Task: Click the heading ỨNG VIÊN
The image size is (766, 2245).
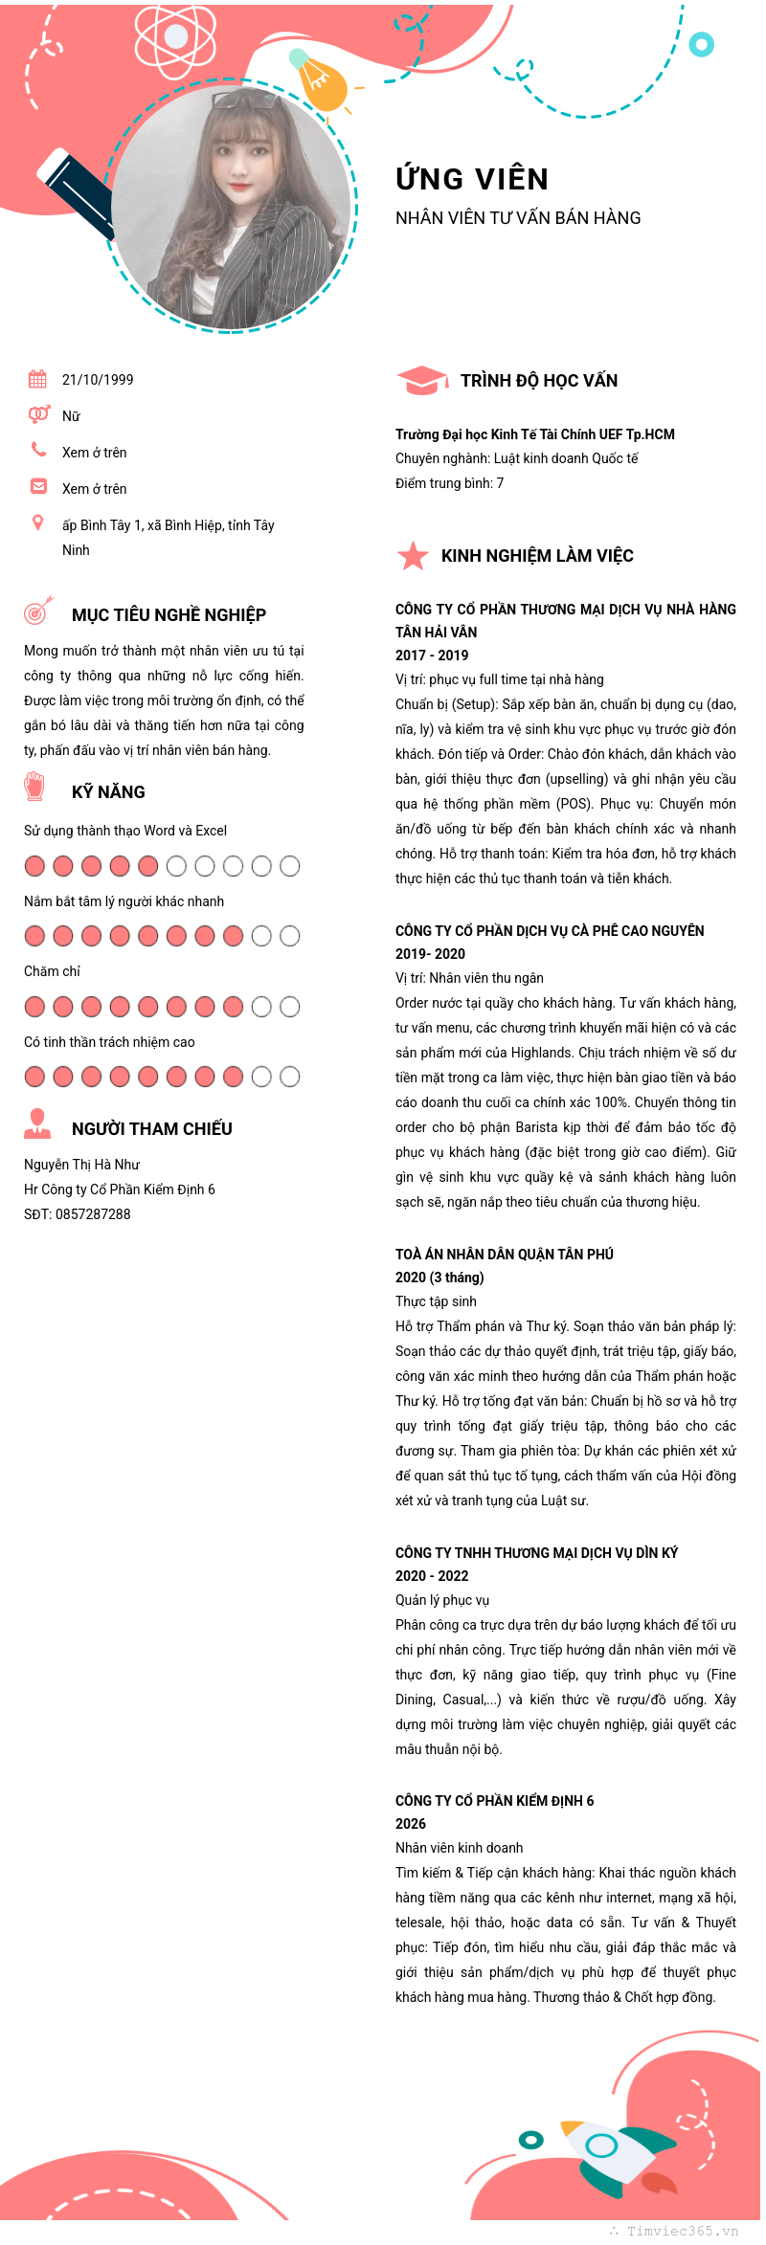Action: tap(472, 179)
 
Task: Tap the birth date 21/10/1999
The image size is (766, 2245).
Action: tap(98, 380)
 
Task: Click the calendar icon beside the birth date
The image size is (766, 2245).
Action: tap(37, 379)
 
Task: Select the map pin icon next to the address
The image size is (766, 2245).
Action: tap(37, 522)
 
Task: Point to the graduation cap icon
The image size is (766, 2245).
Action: tap(420, 380)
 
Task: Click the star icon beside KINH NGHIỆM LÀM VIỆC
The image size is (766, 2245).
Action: tap(413, 555)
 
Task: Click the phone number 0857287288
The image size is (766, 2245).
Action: tap(93, 1214)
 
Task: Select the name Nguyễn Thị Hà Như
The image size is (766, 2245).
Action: tap(81, 1165)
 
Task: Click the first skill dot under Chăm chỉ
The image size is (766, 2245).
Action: tap(34, 1007)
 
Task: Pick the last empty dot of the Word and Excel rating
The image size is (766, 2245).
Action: tap(290, 866)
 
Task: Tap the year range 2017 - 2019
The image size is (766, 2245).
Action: tap(432, 656)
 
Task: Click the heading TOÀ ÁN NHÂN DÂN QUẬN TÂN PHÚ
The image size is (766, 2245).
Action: tap(505, 1255)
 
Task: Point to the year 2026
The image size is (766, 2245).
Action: tap(411, 1824)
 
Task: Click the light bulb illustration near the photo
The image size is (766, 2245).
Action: tap(321, 82)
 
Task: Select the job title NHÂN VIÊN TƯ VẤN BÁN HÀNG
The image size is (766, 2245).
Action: tap(518, 218)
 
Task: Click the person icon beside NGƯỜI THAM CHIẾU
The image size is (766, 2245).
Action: tap(37, 1124)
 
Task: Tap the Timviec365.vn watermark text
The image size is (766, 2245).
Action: tap(682, 2231)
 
